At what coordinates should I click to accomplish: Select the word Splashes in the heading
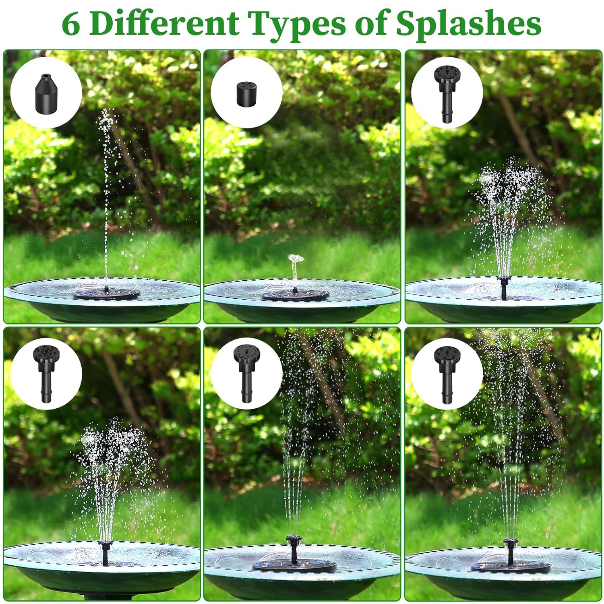click(469, 25)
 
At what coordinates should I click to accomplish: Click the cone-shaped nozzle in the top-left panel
click(46, 91)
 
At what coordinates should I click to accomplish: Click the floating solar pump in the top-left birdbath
click(106, 293)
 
